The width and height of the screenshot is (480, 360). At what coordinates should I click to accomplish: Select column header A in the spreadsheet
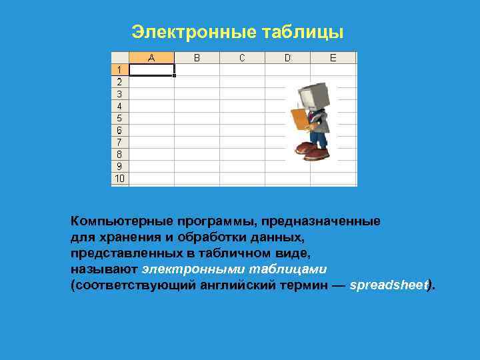151,58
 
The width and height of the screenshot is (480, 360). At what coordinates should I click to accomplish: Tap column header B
197,58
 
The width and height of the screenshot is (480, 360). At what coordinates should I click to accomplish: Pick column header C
242,58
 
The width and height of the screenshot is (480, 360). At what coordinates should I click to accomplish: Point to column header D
287,58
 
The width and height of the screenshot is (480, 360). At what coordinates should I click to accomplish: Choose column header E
333,58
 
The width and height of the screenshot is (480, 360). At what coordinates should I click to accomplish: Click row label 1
119,69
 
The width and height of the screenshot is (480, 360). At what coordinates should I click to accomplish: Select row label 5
119,118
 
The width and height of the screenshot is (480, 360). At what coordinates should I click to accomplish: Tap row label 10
119,179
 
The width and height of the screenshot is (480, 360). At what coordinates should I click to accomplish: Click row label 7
119,142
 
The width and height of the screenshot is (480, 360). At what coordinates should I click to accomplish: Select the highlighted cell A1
151,69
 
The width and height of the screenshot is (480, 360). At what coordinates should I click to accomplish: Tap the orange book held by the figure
301,119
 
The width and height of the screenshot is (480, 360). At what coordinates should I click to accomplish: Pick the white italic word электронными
186,269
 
